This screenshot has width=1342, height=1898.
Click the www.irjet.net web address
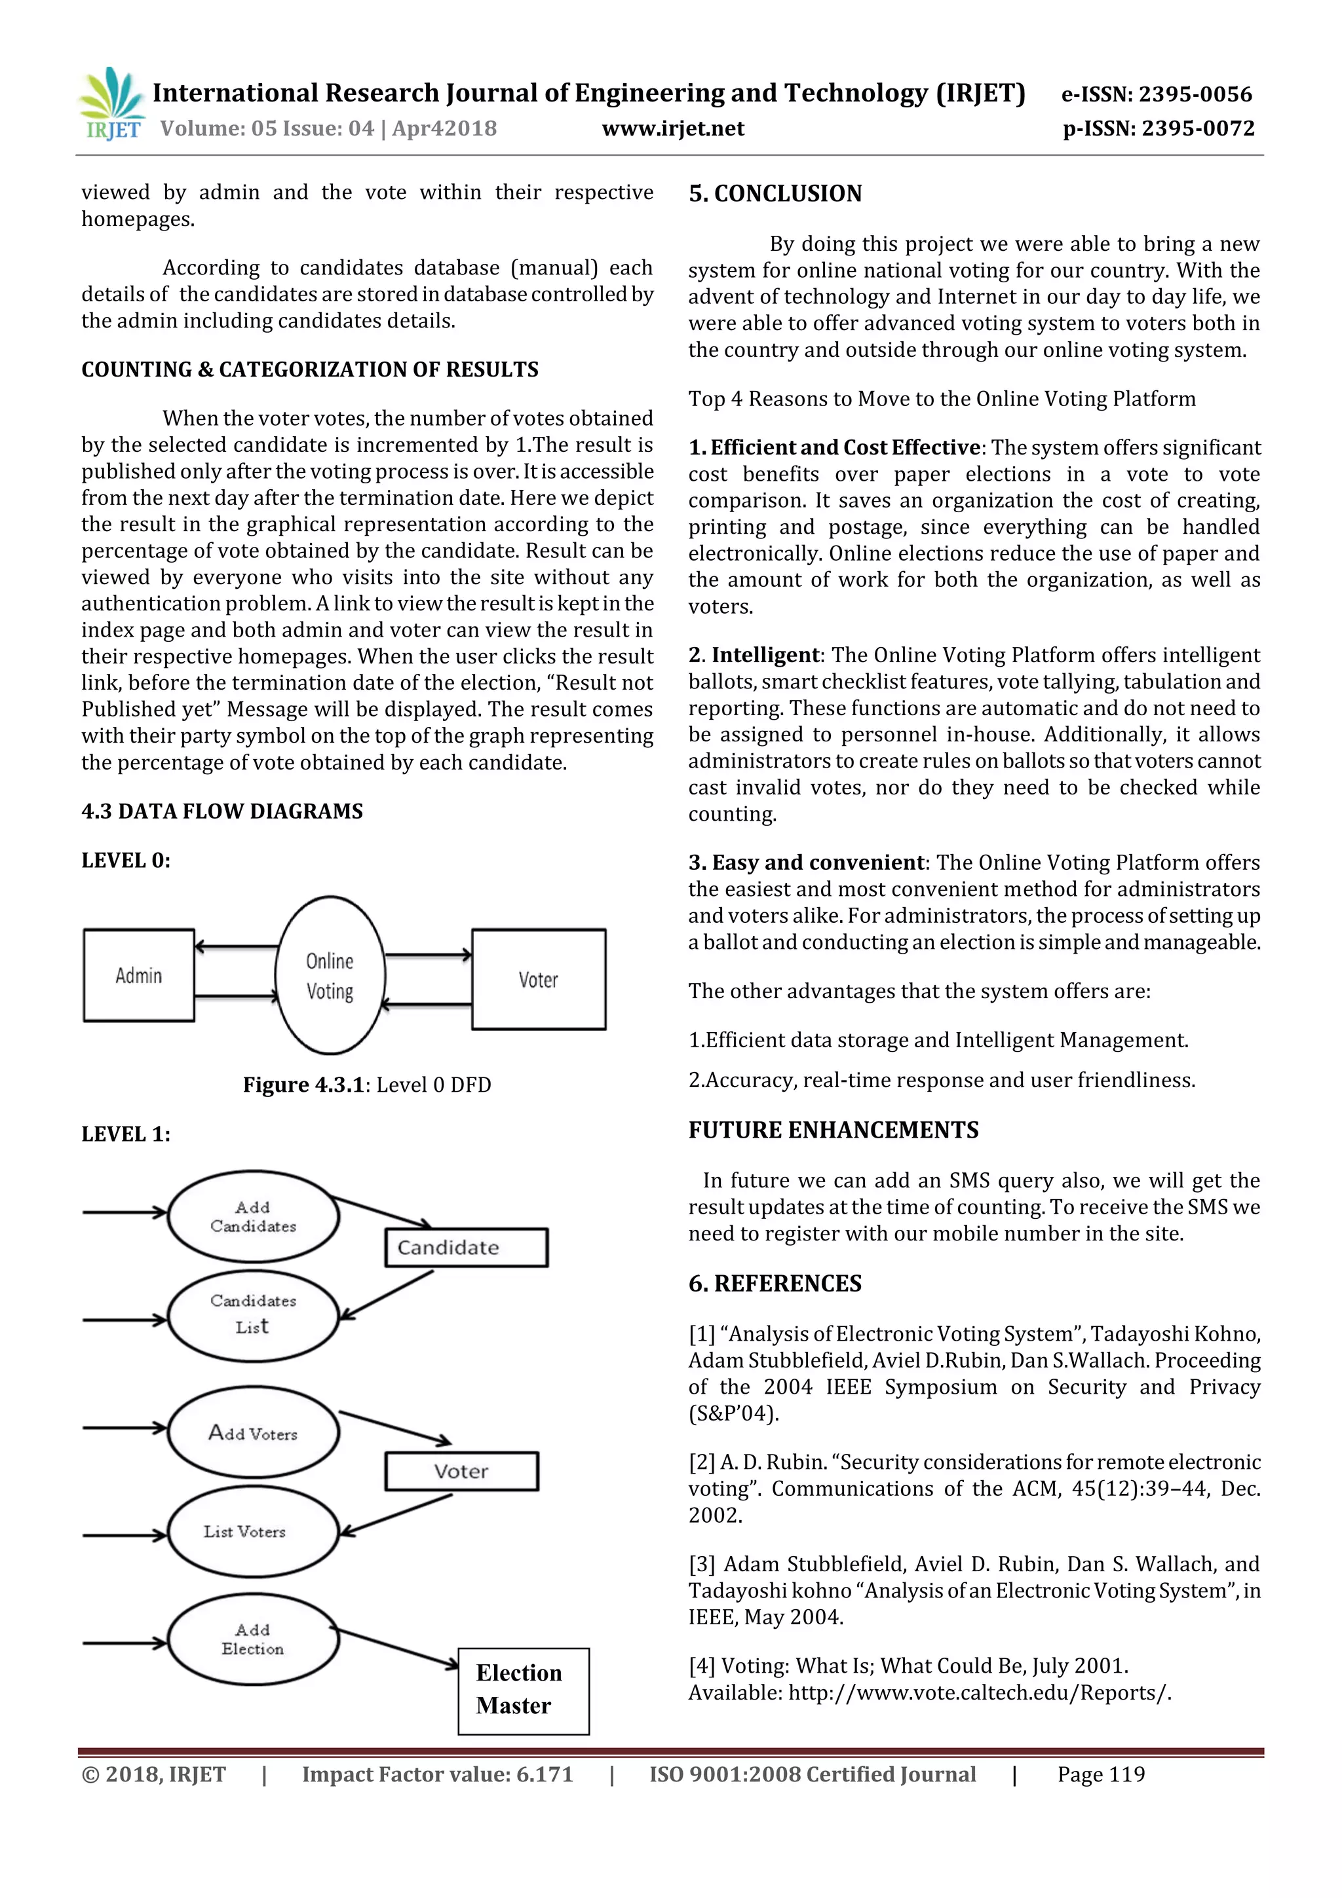click(672, 129)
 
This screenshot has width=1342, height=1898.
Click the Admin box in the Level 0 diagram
click(139, 975)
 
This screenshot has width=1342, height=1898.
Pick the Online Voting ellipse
click(330, 975)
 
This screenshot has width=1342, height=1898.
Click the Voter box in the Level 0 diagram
click(538, 980)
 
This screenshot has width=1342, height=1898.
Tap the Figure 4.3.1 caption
click(366, 1085)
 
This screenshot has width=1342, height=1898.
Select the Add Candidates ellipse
click(253, 1216)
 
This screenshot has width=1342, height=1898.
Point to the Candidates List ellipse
click(253, 1314)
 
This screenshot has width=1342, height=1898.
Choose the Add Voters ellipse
click(253, 1432)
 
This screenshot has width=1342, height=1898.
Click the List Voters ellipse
click(253, 1532)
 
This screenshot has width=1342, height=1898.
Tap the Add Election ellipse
click(253, 1639)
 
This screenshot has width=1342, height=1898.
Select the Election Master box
click(524, 1690)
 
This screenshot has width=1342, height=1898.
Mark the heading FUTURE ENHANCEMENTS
click(833, 1130)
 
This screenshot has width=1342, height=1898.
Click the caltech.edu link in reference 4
click(979, 1692)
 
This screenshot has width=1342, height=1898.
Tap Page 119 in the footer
click(1101, 1774)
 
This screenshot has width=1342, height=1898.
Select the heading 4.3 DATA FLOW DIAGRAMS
click(221, 811)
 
